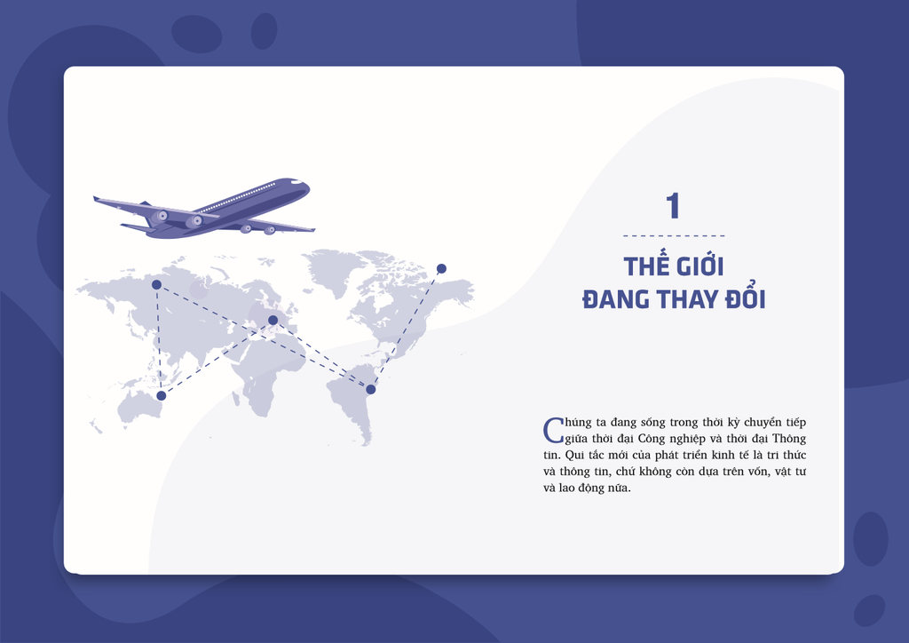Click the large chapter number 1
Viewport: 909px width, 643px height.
pyautogui.click(x=673, y=206)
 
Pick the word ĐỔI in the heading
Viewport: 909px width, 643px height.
pyautogui.click(x=746, y=298)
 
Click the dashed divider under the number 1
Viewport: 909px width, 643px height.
pyautogui.click(x=674, y=236)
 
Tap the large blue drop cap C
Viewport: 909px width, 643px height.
pyautogui.click(x=553, y=430)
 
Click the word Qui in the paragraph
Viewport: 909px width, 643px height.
pyautogui.click(x=574, y=455)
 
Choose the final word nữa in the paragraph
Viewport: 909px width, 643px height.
pyautogui.click(x=619, y=488)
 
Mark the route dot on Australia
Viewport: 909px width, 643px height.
pyautogui.click(x=162, y=395)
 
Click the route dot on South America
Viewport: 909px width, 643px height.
pyautogui.click(x=371, y=390)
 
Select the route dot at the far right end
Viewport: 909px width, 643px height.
pyautogui.click(x=442, y=268)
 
